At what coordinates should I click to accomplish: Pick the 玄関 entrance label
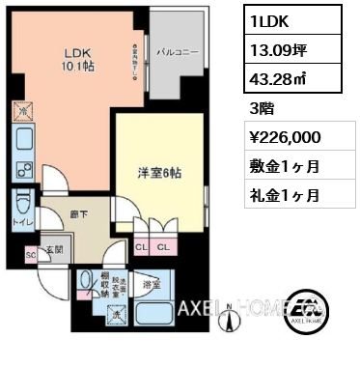(x=53, y=249)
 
